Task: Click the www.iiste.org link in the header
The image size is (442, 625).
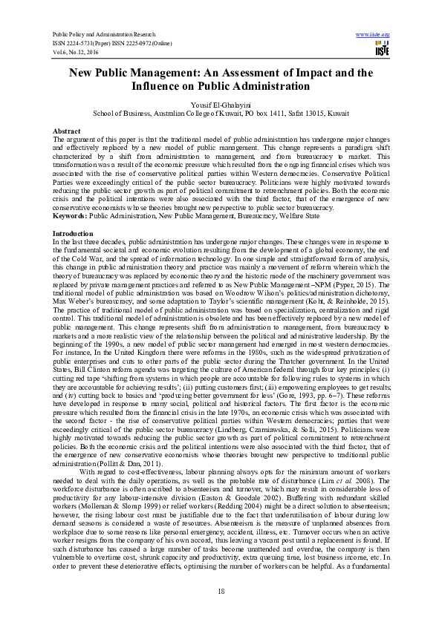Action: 373,34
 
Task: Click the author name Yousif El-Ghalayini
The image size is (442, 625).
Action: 221,106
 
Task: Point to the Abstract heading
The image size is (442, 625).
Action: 68,131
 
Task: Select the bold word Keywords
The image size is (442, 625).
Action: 69,216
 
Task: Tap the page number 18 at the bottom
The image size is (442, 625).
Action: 221,590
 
